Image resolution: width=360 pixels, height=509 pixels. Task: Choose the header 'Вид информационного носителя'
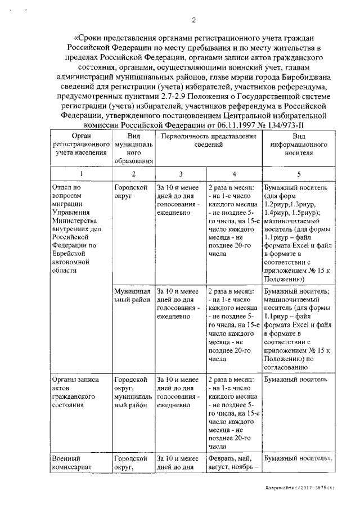[302, 144]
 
